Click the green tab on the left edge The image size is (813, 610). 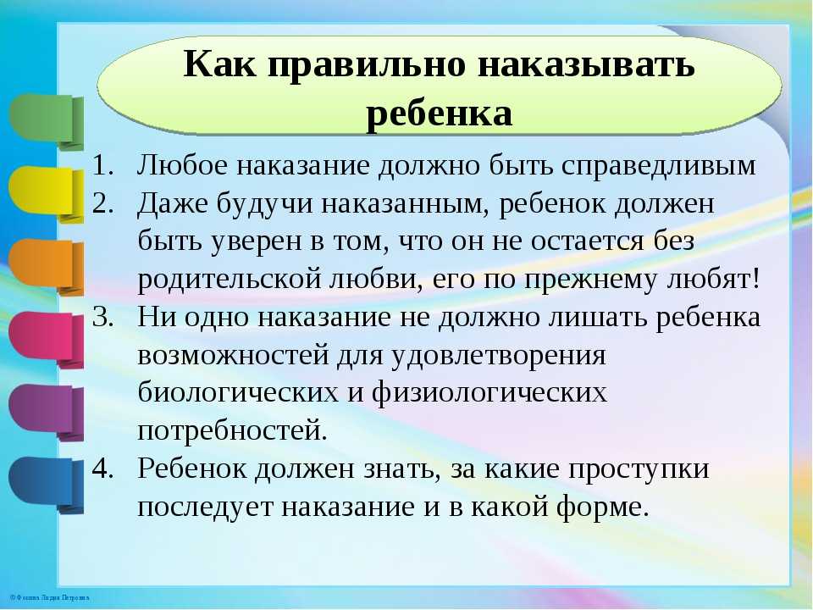coord(46,121)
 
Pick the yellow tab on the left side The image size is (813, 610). coord(46,194)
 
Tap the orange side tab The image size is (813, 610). coord(46,267)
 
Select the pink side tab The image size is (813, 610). coord(46,339)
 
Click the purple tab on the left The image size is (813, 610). coord(46,412)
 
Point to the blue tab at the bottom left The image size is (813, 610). coord(46,485)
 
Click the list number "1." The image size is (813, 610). coord(102,165)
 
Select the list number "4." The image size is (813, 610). coord(102,468)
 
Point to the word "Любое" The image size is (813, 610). coord(183,165)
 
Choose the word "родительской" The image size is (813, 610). coord(230,280)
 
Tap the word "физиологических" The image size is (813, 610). coord(489,394)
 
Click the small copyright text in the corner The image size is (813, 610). coord(49,598)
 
